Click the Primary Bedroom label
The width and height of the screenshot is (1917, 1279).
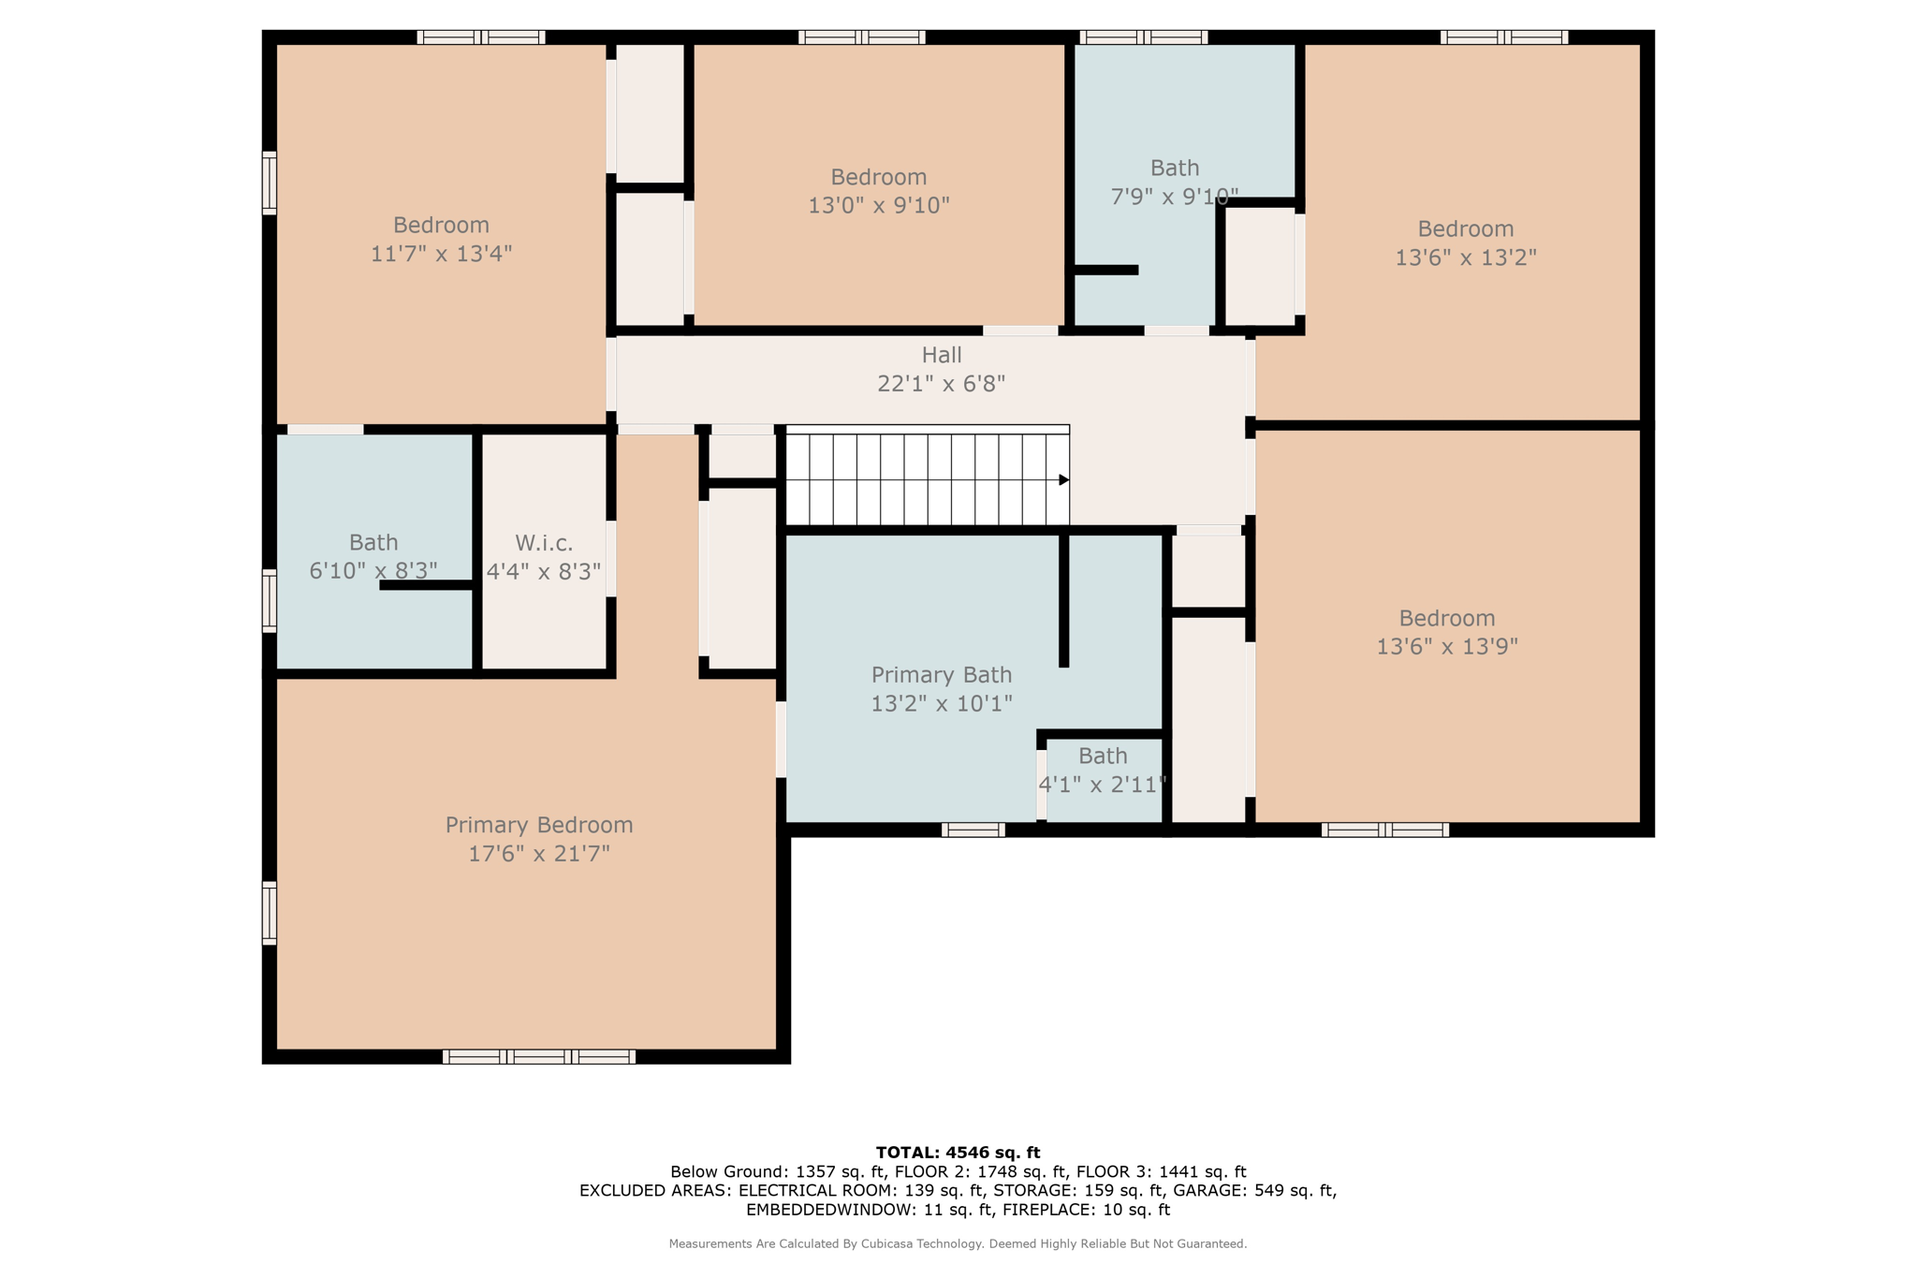pyautogui.click(x=538, y=825)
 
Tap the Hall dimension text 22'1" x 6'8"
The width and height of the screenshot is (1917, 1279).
pyautogui.click(x=941, y=384)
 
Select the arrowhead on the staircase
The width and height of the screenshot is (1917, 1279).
pyautogui.click(x=1063, y=480)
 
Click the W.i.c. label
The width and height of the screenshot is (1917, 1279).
pyautogui.click(x=544, y=543)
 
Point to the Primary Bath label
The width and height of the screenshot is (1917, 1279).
pyautogui.click(x=941, y=675)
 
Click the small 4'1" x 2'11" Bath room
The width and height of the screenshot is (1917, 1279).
pyautogui.click(x=1103, y=782)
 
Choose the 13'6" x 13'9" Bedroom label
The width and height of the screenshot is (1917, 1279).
pyautogui.click(x=1446, y=619)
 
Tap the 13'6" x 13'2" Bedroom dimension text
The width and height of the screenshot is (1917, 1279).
pyautogui.click(x=1465, y=257)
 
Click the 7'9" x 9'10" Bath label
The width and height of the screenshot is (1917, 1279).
pyautogui.click(x=1174, y=169)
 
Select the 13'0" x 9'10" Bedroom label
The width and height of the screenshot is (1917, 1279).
pyautogui.click(x=878, y=178)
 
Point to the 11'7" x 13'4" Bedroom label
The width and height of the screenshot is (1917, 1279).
pyautogui.click(x=441, y=226)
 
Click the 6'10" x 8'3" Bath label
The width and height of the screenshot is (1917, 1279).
pyautogui.click(x=373, y=543)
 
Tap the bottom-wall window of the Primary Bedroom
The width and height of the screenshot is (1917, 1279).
pyautogui.click(x=538, y=1057)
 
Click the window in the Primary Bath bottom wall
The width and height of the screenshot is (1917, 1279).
pyautogui.click(x=973, y=830)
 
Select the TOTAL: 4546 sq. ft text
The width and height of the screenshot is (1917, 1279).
pyautogui.click(x=958, y=1153)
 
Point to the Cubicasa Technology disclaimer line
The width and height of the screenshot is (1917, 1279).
pyautogui.click(x=958, y=1244)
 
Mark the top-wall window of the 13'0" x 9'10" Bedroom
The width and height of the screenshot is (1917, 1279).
pyautogui.click(x=861, y=37)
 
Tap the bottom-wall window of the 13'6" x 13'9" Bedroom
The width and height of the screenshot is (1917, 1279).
pyautogui.click(x=1384, y=830)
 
